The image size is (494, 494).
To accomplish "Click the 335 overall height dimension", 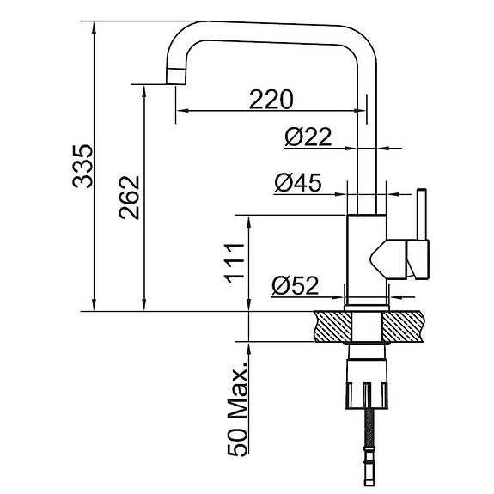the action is point(83,167).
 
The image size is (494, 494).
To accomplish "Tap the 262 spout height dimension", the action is point(130,198).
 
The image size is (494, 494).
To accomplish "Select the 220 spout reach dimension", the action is point(271,100).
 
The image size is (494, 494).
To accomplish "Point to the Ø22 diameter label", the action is point(308,137).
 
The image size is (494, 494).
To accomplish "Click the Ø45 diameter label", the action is point(298,182).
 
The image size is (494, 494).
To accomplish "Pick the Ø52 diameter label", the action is point(296,285).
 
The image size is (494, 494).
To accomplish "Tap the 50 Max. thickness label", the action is point(237,409).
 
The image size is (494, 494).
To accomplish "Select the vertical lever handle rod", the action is point(422,215).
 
